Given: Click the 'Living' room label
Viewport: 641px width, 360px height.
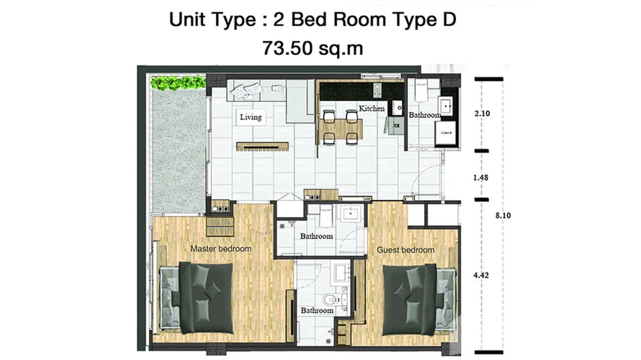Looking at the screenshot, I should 251,117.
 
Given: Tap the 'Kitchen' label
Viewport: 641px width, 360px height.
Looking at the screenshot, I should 372,108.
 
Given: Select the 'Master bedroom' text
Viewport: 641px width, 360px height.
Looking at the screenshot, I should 221,249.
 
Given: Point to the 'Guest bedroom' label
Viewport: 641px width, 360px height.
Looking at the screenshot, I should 406,250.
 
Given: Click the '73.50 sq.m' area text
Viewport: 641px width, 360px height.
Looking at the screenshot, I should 312,48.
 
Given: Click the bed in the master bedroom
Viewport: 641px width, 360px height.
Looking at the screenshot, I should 205,297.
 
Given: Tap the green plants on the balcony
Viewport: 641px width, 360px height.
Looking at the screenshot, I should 178,83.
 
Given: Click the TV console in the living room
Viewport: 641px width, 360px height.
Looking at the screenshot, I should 262,146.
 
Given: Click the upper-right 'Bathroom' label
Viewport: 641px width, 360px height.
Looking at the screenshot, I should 424,115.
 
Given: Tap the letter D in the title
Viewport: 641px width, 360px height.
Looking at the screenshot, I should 449,20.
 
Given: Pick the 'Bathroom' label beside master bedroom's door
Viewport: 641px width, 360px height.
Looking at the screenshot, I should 316,236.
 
